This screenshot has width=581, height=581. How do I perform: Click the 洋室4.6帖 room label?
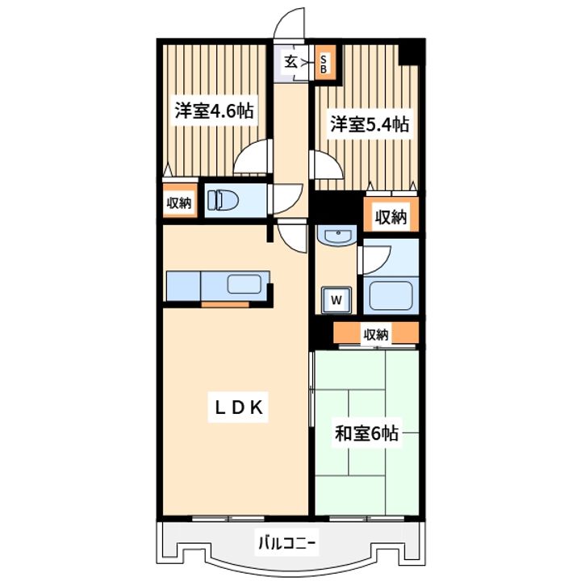[214, 111]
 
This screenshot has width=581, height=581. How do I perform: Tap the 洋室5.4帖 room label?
[370, 124]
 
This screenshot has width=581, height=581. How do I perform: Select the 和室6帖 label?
[366, 433]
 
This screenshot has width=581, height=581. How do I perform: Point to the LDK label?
[239, 408]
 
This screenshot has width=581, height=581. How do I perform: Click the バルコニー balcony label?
[286, 544]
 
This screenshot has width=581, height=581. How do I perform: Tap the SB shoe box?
[324, 64]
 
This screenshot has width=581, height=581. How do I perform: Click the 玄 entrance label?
[290, 62]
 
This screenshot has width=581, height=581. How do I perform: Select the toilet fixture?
[223, 200]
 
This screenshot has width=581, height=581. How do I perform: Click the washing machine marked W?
[336, 299]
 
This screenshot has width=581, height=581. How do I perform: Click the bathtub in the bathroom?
[391, 295]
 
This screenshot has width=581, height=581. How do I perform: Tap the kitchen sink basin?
[245, 284]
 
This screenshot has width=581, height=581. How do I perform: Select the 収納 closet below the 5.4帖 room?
[391, 215]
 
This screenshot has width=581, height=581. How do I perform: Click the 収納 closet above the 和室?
[376, 333]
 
